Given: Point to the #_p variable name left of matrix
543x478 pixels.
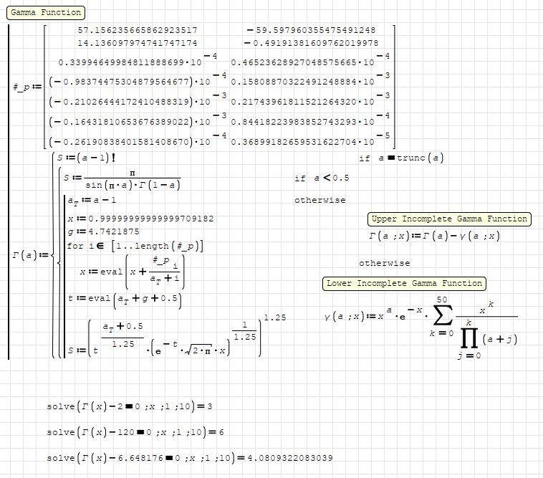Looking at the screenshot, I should (x=22, y=87).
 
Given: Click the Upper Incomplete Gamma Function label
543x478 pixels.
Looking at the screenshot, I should (x=449, y=219).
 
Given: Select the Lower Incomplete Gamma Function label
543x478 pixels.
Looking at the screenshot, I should (x=404, y=283).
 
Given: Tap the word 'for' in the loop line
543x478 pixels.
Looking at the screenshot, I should (x=75, y=246).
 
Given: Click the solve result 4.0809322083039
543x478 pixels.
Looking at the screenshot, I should (x=289, y=458).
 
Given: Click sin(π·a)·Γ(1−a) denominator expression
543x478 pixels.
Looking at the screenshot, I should (x=133, y=184).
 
